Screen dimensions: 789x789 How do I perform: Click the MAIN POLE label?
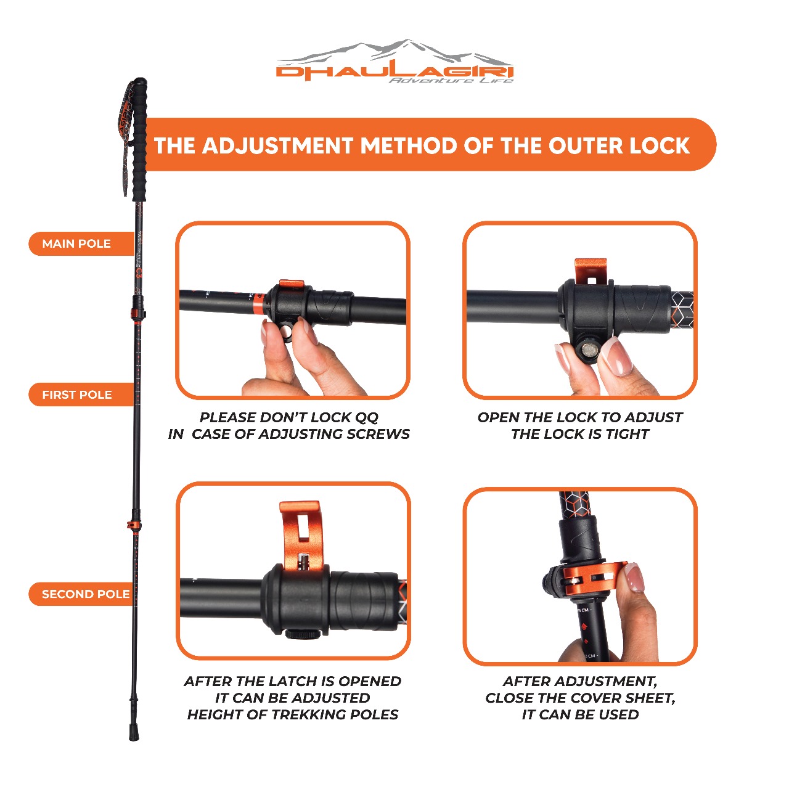coord(76,243)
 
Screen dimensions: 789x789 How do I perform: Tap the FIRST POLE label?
coord(77,394)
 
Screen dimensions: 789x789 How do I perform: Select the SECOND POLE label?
coord(86,594)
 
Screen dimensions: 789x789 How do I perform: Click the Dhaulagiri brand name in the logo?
coord(394,72)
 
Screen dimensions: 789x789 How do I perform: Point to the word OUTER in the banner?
coord(586,145)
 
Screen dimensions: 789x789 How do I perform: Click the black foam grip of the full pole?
coord(139,139)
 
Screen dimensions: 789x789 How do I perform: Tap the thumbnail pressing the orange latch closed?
coord(634,578)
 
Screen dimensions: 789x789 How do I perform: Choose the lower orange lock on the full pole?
coord(134,525)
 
